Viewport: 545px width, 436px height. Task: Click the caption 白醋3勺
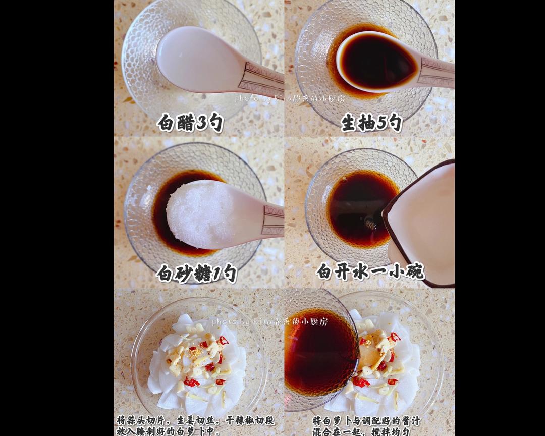(190, 123)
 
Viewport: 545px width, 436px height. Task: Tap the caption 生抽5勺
(371, 123)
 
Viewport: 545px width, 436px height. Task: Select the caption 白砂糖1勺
(196, 273)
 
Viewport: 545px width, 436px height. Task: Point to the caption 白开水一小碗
(370, 271)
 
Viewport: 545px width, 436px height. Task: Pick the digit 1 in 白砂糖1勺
(216, 273)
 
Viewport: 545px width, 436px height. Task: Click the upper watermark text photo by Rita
(290, 99)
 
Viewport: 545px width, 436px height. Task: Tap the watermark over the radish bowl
(269, 321)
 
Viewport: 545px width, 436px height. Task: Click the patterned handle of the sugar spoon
(273, 220)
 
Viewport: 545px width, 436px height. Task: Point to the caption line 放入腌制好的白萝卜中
(169, 431)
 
